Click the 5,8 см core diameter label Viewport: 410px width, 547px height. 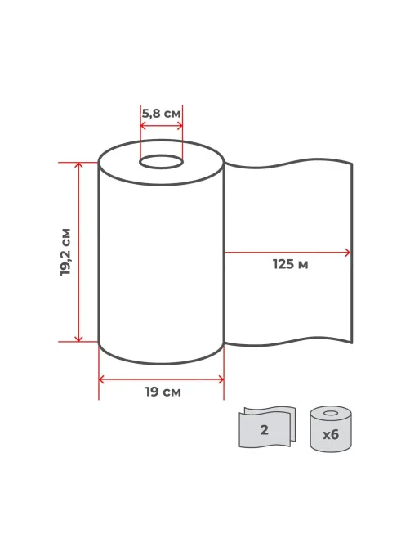[161, 114]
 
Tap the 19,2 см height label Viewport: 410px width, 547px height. [65, 252]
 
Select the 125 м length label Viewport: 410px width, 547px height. [290, 264]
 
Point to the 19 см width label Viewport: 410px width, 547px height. [163, 392]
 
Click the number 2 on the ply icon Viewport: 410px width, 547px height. [265, 430]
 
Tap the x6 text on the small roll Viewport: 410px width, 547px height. [331, 435]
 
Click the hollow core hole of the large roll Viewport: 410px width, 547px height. [161, 162]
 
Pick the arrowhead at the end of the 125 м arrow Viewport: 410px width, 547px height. [347, 252]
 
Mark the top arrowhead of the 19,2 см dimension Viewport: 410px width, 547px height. [79, 164]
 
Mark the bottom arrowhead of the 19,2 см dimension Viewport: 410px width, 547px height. [79, 339]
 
